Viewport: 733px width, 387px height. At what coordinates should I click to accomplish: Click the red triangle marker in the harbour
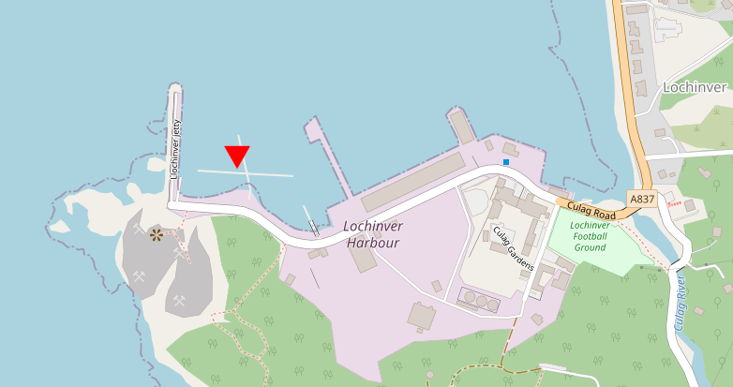click(237, 156)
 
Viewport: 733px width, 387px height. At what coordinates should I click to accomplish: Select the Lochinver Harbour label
click(371, 234)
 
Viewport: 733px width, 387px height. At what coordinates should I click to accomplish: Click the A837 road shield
click(642, 200)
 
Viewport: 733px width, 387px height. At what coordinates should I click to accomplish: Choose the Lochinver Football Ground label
click(590, 236)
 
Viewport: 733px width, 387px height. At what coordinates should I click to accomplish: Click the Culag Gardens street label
click(513, 248)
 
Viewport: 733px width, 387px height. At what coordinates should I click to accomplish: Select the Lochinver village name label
click(694, 87)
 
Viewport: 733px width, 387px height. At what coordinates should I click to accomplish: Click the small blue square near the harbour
click(506, 162)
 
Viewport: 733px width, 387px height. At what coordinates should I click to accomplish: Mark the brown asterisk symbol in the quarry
click(156, 234)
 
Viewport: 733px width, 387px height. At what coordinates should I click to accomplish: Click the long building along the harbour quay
click(412, 183)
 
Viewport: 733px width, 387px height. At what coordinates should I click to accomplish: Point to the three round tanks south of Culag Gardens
click(480, 301)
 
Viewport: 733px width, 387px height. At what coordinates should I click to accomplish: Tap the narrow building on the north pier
click(462, 125)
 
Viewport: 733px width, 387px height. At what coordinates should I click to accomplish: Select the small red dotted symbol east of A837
click(673, 198)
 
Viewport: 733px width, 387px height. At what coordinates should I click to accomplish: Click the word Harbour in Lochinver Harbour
click(372, 243)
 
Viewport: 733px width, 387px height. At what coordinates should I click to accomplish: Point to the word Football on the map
click(589, 236)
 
